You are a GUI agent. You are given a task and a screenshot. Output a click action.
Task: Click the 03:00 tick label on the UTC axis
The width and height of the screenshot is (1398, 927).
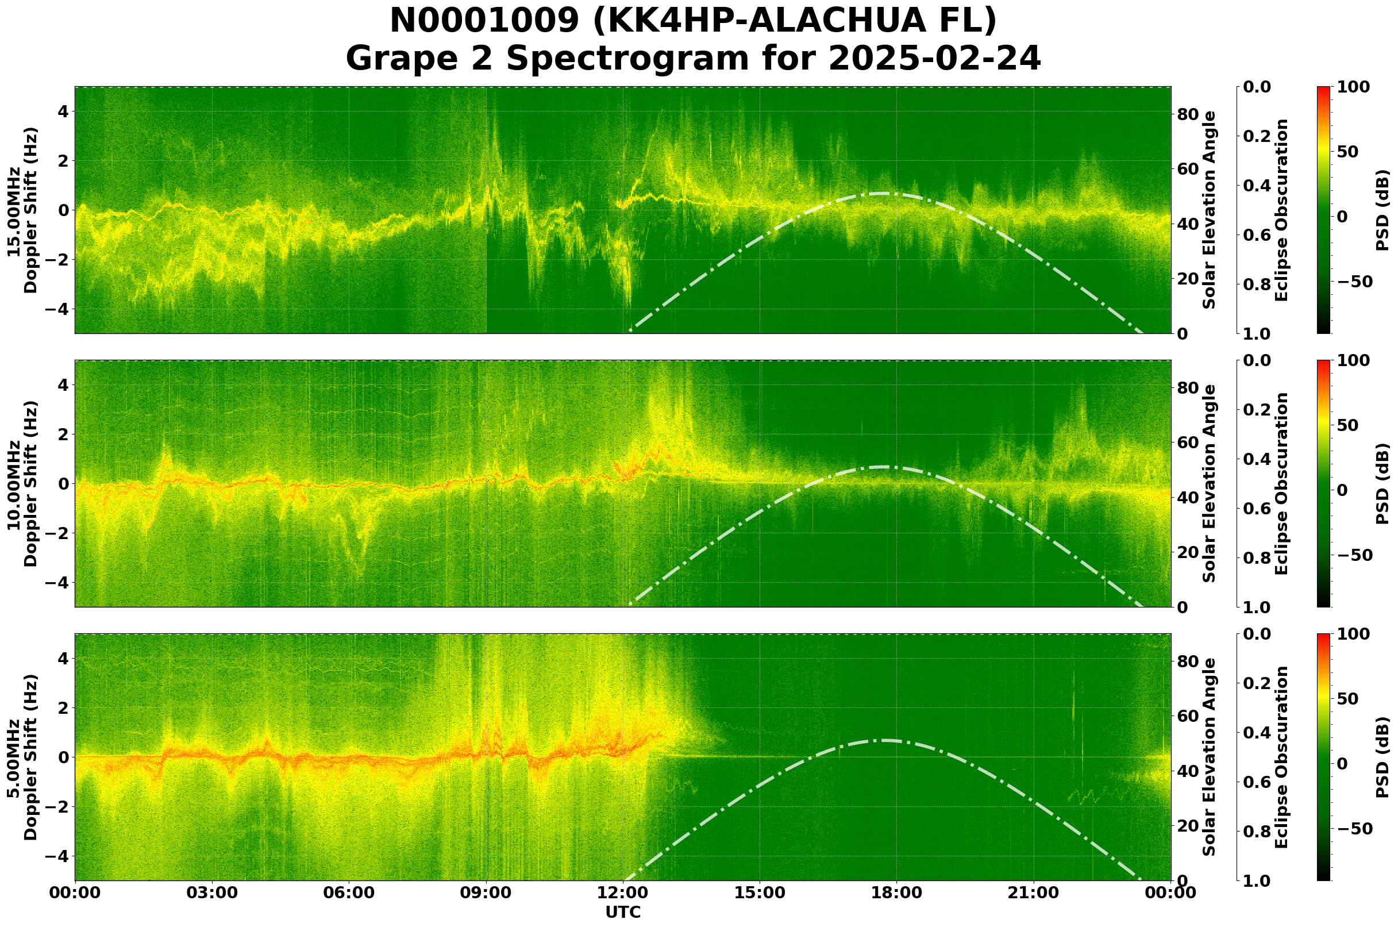[211, 893]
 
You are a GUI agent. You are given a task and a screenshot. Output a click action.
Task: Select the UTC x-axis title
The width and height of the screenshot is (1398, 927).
[623, 912]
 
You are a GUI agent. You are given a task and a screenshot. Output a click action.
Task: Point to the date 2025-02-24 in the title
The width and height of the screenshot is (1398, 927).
[934, 59]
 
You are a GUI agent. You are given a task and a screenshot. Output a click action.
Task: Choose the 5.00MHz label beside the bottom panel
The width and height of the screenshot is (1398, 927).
[14, 758]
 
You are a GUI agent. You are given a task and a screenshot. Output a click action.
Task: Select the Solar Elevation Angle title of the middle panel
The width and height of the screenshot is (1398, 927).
[1210, 483]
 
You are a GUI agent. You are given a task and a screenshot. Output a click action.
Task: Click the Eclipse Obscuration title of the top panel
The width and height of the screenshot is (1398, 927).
[1281, 210]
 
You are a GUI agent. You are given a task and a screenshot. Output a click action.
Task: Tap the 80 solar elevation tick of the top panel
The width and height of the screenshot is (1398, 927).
[1188, 114]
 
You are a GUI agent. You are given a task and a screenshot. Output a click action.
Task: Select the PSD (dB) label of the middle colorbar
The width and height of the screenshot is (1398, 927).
[1382, 483]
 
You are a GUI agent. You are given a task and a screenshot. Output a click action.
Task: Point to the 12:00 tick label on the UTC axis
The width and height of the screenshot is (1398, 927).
[623, 893]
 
